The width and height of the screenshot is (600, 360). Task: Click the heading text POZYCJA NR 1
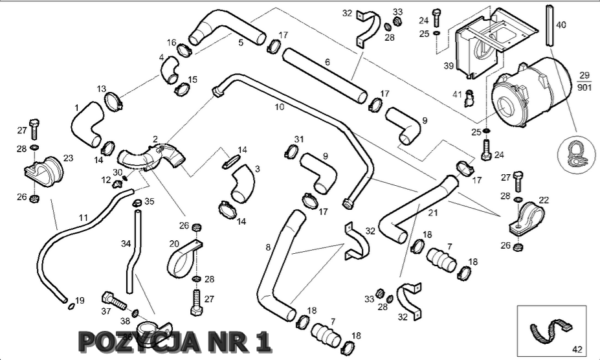(173, 341)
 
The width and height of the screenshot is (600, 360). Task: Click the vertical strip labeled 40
(549, 25)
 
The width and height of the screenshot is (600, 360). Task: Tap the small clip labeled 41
(470, 98)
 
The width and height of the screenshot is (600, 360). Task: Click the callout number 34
(126, 244)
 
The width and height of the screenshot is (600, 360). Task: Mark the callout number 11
(82, 218)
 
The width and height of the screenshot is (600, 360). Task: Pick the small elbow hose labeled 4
(171, 69)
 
